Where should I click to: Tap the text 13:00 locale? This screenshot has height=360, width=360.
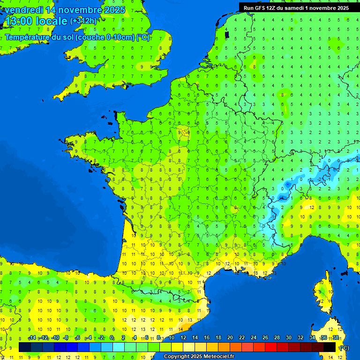[36, 21]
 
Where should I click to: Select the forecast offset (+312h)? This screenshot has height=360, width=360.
[83, 21]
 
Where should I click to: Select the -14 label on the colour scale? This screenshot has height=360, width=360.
[32, 338]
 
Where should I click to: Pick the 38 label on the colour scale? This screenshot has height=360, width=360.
[336, 338]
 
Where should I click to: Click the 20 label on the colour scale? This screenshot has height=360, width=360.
[230, 338]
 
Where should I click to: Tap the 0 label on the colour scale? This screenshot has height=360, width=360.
[112, 338]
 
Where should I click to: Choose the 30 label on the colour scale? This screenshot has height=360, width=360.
[288, 338]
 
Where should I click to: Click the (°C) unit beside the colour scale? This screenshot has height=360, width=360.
[344, 347]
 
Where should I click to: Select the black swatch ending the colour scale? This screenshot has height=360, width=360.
[330, 347]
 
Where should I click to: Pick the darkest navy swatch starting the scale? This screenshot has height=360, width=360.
[25, 347]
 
